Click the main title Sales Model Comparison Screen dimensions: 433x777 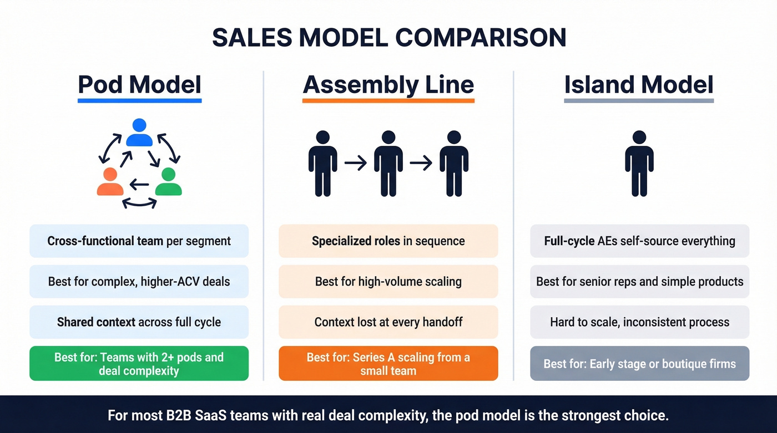(389, 37)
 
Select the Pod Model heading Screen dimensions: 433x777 (139, 85)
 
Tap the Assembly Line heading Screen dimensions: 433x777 (389, 85)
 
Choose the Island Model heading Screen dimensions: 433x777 (639, 85)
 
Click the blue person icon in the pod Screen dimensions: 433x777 (139, 133)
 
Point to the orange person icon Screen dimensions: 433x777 (110, 182)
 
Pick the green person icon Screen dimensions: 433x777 (168, 182)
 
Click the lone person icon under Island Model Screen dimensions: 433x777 (639, 163)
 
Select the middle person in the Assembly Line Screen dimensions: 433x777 (389, 163)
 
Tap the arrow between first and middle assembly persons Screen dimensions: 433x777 (355, 163)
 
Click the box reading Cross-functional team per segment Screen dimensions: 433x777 (139, 241)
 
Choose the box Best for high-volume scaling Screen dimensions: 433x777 (389, 282)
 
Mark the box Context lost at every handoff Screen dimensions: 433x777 (389, 322)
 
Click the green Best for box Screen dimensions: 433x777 (139, 364)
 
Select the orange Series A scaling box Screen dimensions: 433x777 (389, 364)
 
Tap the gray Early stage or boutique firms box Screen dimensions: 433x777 (639, 364)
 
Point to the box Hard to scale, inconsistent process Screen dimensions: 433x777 (639, 322)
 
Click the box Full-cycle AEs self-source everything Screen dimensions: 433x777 (639, 241)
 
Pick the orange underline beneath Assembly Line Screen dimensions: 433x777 (389, 101)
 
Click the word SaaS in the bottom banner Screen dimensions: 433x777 (210, 415)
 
